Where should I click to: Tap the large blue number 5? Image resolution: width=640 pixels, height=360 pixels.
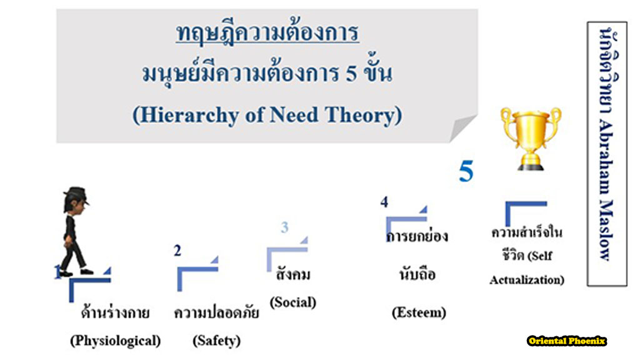click(466, 171)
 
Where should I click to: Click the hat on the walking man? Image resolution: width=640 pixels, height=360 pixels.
click(76, 194)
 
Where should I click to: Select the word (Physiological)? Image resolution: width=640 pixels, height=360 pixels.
click(115, 341)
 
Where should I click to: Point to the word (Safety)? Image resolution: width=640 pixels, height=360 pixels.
click(216, 341)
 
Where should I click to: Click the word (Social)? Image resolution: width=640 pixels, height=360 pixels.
click(292, 302)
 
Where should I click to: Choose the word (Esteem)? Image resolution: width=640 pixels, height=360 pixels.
click(419, 312)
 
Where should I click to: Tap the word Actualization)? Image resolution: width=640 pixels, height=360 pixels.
click(526, 280)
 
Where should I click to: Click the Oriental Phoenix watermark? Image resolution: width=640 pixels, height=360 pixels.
click(567, 341)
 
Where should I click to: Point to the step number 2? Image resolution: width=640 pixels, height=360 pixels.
click(177, 251)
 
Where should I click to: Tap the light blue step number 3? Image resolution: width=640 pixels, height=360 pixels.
click(284, 227)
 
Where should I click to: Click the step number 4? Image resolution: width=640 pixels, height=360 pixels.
click(384, 202)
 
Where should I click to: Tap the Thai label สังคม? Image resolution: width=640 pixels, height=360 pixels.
click(292, 275)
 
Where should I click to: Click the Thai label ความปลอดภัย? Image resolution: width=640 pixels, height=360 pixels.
click(216, 313)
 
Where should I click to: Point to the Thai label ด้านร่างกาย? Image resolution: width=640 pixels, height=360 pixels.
click(115, 313)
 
